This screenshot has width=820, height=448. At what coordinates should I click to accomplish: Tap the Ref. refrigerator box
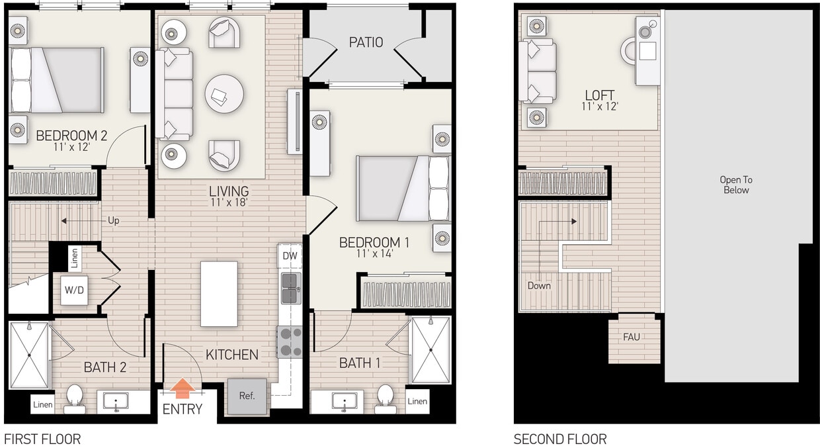tap(247, 396)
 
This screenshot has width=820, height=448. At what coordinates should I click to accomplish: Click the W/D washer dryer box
tap(74, 291)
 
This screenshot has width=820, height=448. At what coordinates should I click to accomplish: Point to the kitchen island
tap(219, 294)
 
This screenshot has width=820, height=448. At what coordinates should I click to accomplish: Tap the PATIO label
tap(366, 42)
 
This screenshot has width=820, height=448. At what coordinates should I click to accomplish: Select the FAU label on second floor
tap(631, 337)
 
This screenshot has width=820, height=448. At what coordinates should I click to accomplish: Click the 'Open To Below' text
tap(736, 185)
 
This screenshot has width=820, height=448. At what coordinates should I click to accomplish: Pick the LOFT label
tap(599, 95)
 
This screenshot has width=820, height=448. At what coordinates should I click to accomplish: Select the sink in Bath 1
tap(344, 401)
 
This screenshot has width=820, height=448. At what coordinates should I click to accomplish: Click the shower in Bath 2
tap(29, 355)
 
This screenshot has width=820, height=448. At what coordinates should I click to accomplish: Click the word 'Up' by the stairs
tap(113, 221)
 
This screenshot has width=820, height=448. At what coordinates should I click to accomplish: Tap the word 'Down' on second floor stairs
tap(539, 286)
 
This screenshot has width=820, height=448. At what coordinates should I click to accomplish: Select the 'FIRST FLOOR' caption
tap(42, 439)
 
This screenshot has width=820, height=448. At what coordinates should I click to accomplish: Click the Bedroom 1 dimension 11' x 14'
tap(374, 254)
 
